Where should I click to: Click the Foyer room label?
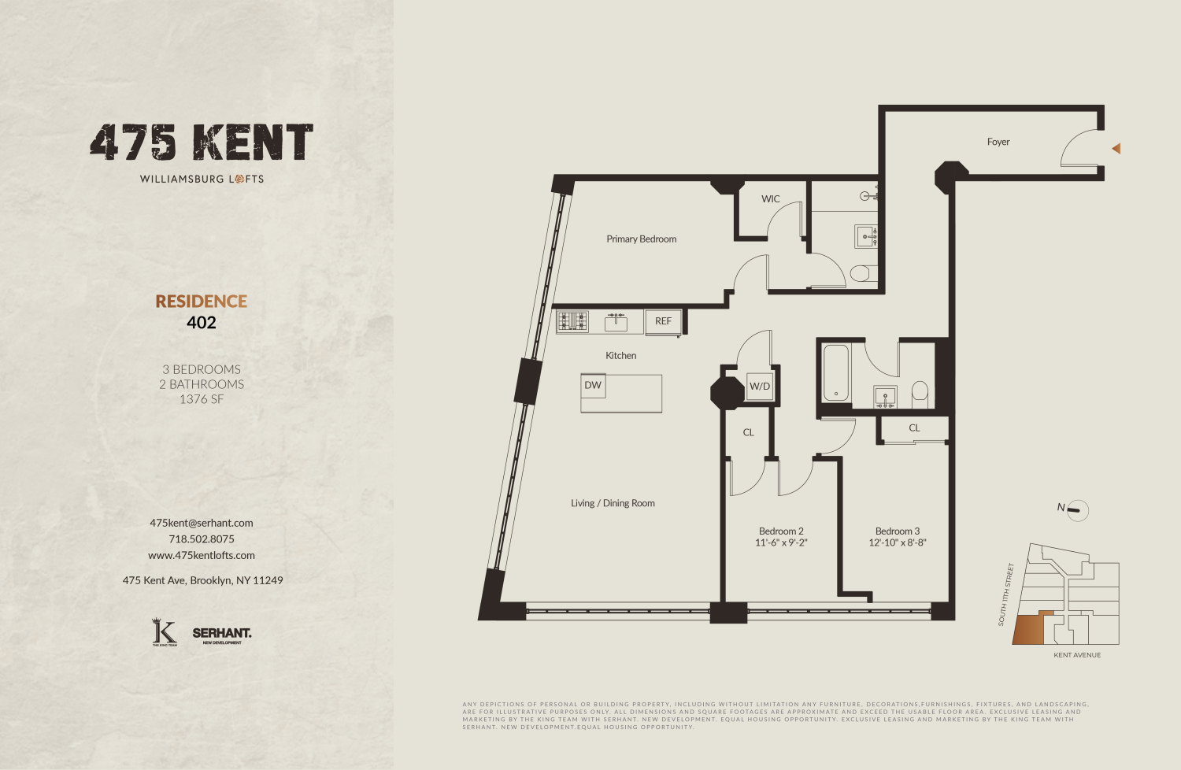(998, 142)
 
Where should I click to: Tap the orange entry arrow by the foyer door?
(1116, 148)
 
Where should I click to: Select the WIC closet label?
(770, 199)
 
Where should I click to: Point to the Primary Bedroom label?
(641, 239)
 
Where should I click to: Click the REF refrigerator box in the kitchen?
(663, 321)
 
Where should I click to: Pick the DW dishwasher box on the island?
(593, 386)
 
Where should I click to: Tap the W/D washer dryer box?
(760, 387)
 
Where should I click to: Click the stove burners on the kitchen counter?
(572, 321)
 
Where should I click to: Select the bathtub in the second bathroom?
(836, 372)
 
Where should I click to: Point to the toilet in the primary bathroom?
(862, 274)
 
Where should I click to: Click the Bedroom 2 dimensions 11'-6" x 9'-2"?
(781, 542)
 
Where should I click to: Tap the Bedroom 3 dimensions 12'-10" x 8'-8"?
(898, 542)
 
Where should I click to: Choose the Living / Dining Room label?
(613, 504)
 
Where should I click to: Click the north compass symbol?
(1077, 510)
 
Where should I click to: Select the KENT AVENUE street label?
(1077, 655)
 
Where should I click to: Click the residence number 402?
(202, 323)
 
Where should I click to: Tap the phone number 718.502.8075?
(202, 539)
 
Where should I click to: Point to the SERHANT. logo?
(222, 634)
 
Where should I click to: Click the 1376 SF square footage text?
(202, 399)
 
